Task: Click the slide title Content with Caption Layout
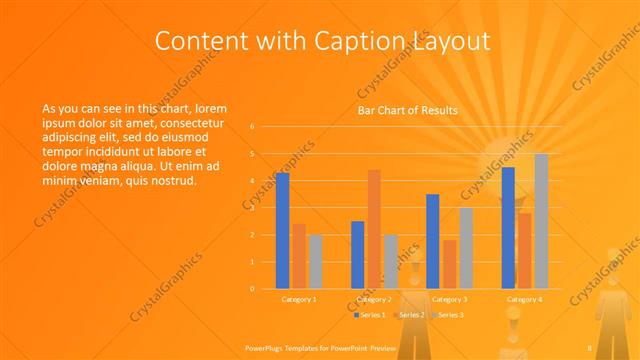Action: (x=323, y=41)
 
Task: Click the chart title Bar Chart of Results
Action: (x=407, y=111)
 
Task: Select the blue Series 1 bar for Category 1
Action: (x=282, y=231)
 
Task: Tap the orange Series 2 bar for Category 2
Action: (x=374, y=229)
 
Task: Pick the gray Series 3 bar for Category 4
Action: (x=541, y=221)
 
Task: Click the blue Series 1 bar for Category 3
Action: (x=433, y=241)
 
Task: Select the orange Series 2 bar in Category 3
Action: (x=449, y=264)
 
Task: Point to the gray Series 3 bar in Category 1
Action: (x=315, y=262)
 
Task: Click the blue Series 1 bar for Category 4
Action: (x=508, y=228)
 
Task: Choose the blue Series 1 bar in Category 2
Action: (x=357, y=255)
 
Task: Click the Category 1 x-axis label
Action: (x=299, y=299)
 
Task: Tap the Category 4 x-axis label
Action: (x=524, y=299)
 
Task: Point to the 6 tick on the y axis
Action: (x=252, y=127)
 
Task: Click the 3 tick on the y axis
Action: (x=252, y=208)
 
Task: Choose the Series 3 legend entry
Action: (x=449, y=315)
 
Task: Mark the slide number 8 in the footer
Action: (x=590, y=347)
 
